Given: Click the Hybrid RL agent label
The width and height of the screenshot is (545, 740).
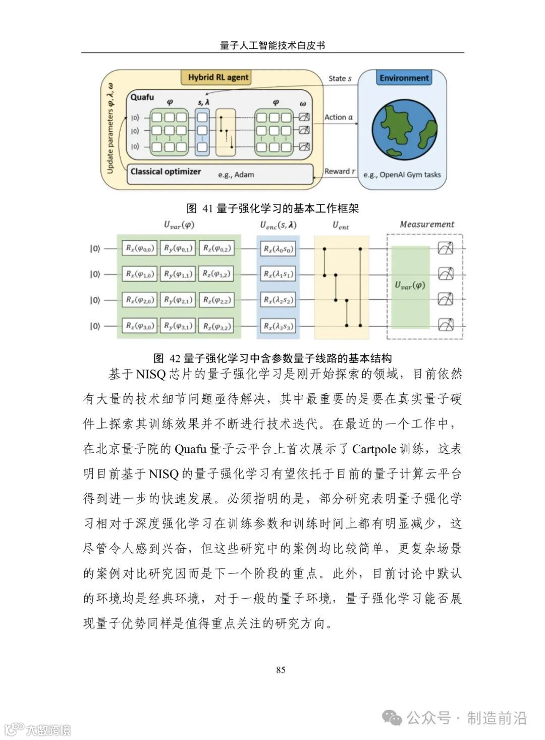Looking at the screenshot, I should pos(218,77).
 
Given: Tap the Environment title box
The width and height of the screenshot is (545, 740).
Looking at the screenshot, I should pos(404,78).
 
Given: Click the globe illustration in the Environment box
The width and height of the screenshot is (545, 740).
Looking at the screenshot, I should pos(404,130).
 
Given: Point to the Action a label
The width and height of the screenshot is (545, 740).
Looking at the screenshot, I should pos(338,117).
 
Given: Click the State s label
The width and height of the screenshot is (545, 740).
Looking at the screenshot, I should pos(340,79).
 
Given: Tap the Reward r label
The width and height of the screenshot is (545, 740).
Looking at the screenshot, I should pos(340,172).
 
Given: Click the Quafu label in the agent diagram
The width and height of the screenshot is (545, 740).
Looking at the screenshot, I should pos(142,97).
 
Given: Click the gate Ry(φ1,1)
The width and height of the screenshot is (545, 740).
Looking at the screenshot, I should pos(178,274).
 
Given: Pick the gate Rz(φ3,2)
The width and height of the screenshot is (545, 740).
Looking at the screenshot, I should pos(216,326).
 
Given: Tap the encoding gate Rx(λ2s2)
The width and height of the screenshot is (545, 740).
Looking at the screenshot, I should pos(278,300).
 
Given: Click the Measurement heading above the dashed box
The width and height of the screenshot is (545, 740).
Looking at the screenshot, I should pos(427,225).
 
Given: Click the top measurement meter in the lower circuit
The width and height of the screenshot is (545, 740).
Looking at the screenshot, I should pos(446,248).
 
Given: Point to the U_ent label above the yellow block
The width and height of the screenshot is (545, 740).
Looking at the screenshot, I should pos(341,226).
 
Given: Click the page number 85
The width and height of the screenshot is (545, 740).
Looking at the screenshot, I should pos(281,670).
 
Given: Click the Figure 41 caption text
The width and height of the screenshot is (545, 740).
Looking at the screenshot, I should pos(272,208).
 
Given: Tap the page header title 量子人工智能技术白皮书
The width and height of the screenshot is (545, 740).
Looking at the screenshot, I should pos(272,45).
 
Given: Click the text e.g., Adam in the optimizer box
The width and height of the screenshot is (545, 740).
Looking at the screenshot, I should pos(236,175).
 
